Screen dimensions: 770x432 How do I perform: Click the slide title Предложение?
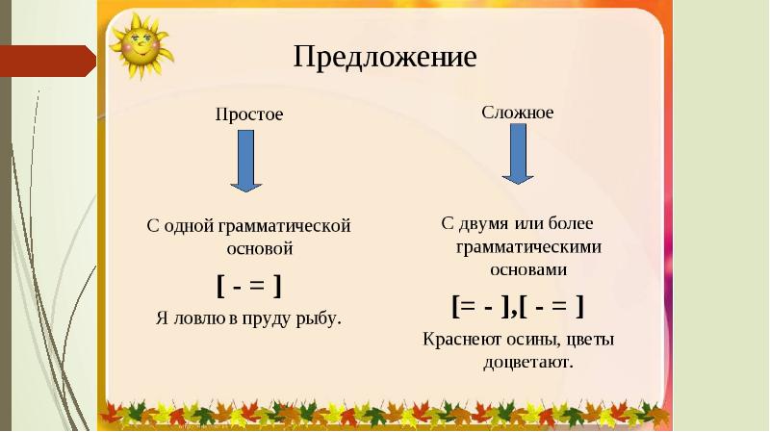pyautogui.click(x=385, y=57)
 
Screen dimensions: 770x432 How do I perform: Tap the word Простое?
pyautogui.click(x=249, y=114)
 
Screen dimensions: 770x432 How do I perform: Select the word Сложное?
pyautogui.click(x=517, y=112)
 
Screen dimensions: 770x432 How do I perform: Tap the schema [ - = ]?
pyautogui.click(x=248, y=285)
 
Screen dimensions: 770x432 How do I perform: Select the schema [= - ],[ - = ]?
pyautogui.click(x=518, y=306)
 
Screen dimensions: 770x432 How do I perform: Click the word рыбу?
pyautogui.click(x=318, y=317)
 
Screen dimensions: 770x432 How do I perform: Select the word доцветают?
pyautogui.click(x=526, y=363)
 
